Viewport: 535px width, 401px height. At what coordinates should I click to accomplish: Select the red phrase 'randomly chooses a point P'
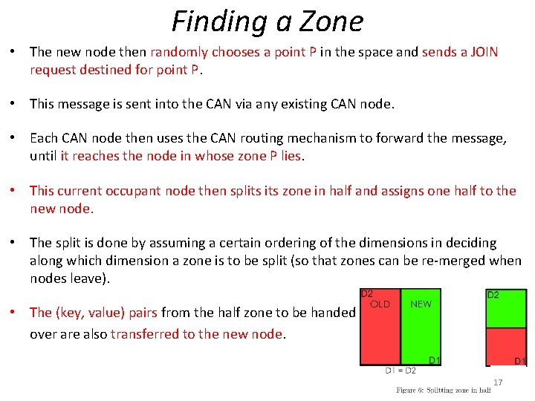[233, 52]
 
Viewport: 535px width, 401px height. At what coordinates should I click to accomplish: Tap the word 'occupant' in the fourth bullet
[129, 191]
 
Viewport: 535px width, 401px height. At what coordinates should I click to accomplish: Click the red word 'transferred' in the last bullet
[143, 334]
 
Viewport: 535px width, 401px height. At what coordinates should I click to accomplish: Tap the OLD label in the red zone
[380, 304]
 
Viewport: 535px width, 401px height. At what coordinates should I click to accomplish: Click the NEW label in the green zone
[421, 304]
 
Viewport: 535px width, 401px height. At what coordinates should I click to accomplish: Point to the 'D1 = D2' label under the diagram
[400, 371]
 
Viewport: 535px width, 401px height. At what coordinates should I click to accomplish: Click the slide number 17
[498, 382]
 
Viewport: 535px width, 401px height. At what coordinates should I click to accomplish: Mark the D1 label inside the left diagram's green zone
[435, 360]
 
